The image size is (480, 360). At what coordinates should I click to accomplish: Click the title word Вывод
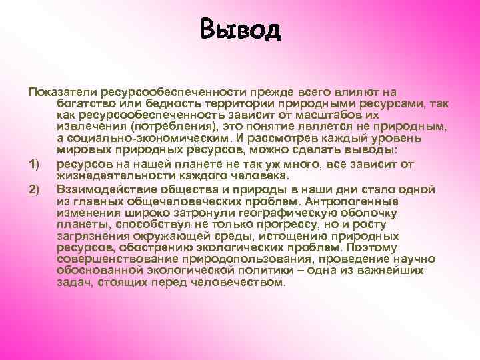pyautogui.click(x=240, y=30)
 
